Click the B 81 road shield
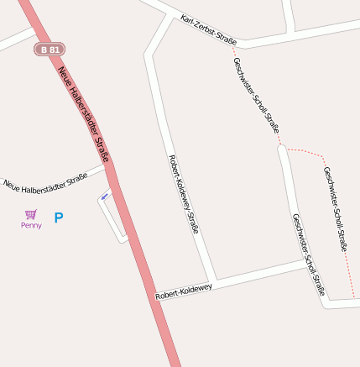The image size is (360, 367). tap(50, 50)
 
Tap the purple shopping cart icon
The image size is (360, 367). tap(31, 214)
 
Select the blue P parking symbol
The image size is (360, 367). tap(59, 218)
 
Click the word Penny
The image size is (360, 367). tap(31, 225)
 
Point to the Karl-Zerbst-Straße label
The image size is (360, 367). tap(208, 29)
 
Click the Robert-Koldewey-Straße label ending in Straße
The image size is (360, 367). tap(183, 194)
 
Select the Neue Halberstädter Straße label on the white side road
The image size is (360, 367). tap(45, 180)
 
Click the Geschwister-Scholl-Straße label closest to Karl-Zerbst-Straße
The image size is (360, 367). tap(256, 94)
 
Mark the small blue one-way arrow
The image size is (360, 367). tap(105, 196)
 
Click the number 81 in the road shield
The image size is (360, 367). tap(54, 50)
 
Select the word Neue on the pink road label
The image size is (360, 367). tap(66, 78)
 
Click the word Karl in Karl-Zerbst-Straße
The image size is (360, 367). tap(185, 19)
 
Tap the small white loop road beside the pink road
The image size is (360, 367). tap(111, 218)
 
